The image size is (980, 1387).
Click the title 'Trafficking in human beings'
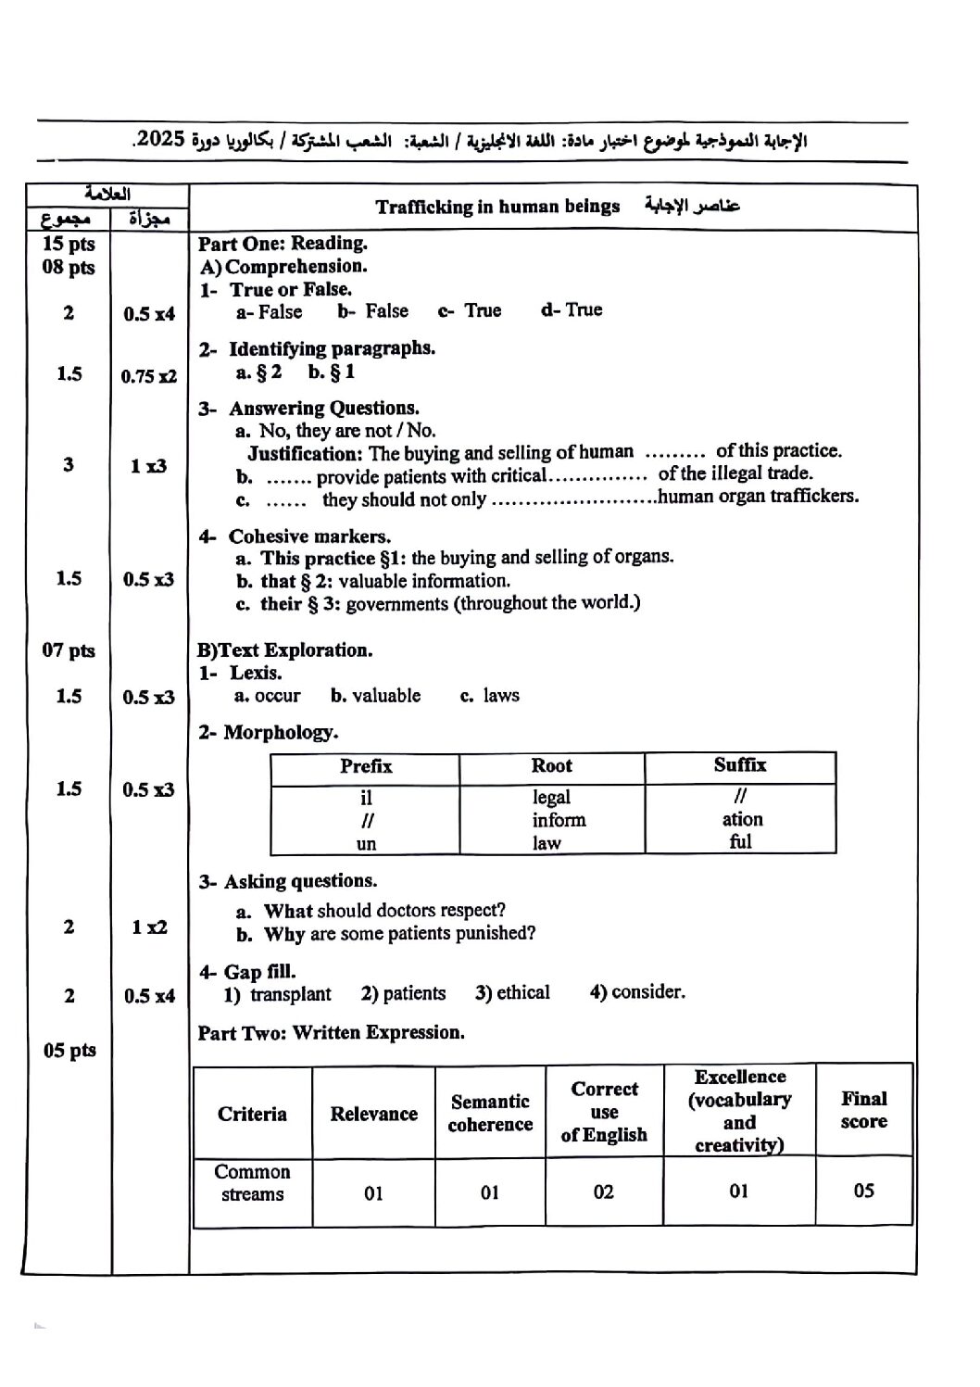point(497,207)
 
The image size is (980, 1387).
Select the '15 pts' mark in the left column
point(69,244)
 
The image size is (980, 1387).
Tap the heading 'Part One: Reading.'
point(283,244)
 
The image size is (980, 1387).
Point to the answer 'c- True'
point(470,310)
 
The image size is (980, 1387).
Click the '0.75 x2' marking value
point(148,375)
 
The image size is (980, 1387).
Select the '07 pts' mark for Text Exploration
point(69,649)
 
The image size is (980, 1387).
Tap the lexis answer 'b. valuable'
point(375,696)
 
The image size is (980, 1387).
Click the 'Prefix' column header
point(366,766)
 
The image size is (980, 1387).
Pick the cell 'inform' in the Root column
point(559,820)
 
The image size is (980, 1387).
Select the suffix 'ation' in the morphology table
point(742,819)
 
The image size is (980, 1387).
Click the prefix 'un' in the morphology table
point(366,843)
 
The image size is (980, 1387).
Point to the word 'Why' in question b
point(284,934)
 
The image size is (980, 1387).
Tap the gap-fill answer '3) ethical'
point(512,993)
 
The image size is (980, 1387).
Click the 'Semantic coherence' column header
point(490,1113)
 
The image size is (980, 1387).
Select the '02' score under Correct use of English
point(603,1192)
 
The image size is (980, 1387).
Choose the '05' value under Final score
point(863,1190)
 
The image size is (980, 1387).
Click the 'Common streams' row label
point(252,1183)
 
